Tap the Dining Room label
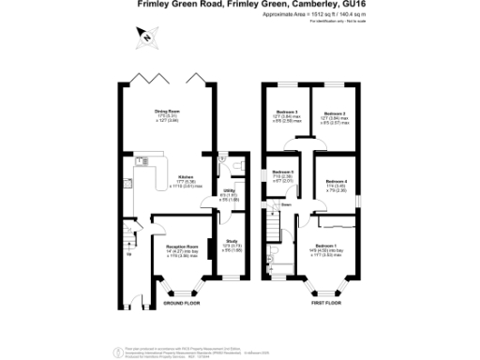(168, 111)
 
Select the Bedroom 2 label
(336, 112)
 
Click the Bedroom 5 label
(283, 172)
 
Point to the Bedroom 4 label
(336, 181)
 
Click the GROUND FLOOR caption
(181, 304)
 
